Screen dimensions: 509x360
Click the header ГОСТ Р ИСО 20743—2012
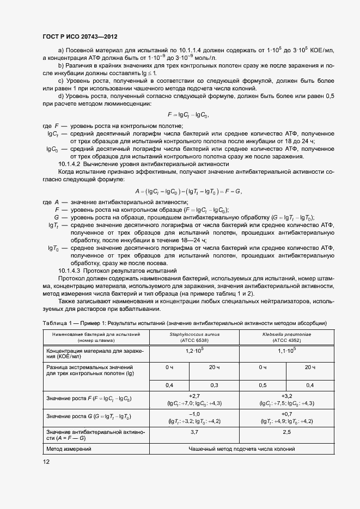pos(80,35)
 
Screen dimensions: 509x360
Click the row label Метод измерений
pos(69,449)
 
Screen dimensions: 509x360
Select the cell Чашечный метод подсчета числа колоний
pos(241,449)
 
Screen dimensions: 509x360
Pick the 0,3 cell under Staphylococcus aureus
pos(214,385)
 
